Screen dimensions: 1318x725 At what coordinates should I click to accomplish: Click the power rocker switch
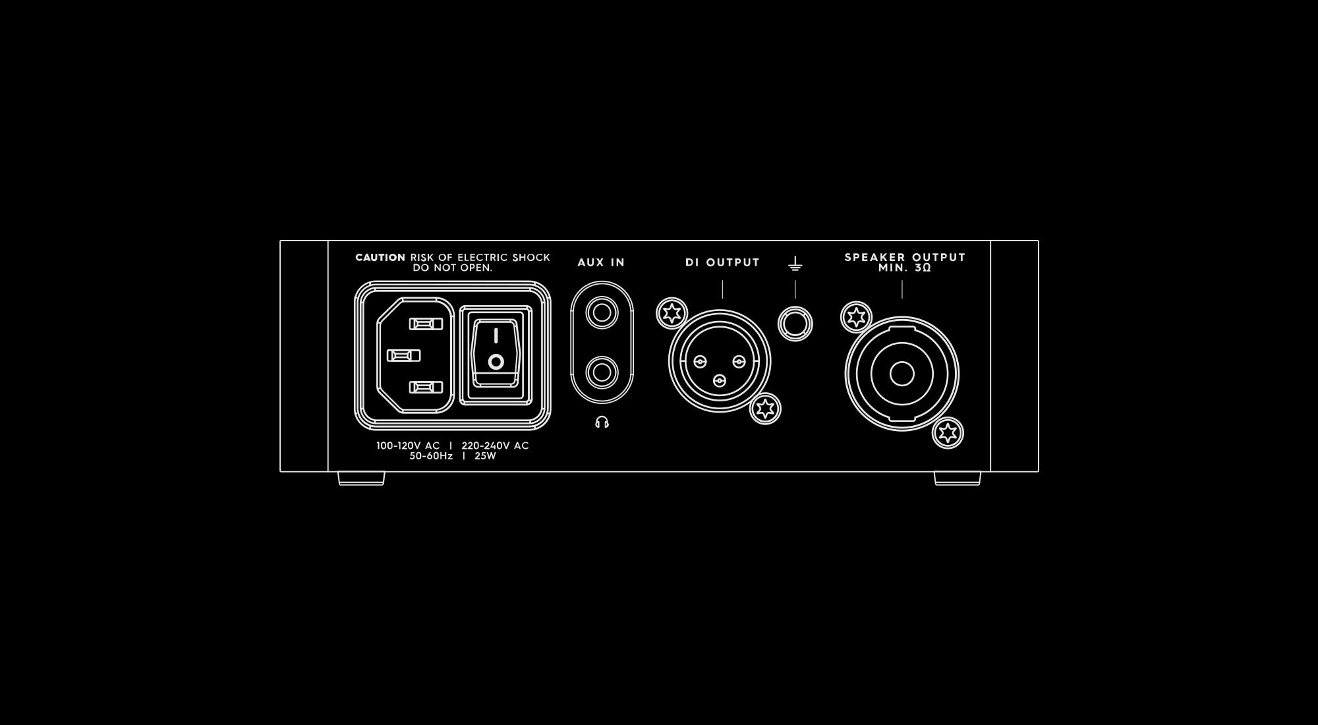point(496,355)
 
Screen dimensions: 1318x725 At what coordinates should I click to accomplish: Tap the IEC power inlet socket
point(415,355)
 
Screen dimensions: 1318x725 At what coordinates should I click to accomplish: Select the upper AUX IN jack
point(602,312)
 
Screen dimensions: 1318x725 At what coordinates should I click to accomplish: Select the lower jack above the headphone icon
point(602,372)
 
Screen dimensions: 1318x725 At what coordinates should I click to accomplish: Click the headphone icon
point(602,422)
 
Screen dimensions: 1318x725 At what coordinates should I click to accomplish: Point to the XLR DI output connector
point(720,361)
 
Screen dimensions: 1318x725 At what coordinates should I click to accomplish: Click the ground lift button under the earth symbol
point(795,324)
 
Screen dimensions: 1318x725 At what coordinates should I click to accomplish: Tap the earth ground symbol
point(795,264)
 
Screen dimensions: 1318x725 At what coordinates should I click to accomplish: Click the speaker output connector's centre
point(902,374)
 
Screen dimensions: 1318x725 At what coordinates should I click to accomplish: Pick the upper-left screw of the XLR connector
point(672,313)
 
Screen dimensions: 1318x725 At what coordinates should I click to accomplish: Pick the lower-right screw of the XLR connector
point(766,409)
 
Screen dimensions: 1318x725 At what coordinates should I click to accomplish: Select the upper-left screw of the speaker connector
point(857,318)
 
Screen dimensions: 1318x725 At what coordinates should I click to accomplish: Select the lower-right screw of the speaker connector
point(948,433)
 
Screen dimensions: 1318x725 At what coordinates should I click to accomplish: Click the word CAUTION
point(380,258)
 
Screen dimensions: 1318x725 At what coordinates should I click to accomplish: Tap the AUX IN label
point(601,262)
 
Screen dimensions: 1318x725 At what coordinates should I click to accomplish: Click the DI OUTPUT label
point(723,262)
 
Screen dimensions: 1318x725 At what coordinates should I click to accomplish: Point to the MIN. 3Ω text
point(905,268)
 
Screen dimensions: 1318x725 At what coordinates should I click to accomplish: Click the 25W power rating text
point(485,456)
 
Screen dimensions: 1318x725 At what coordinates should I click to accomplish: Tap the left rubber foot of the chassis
point(361,478)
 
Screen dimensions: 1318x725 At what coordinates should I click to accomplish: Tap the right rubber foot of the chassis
point(958,478)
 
